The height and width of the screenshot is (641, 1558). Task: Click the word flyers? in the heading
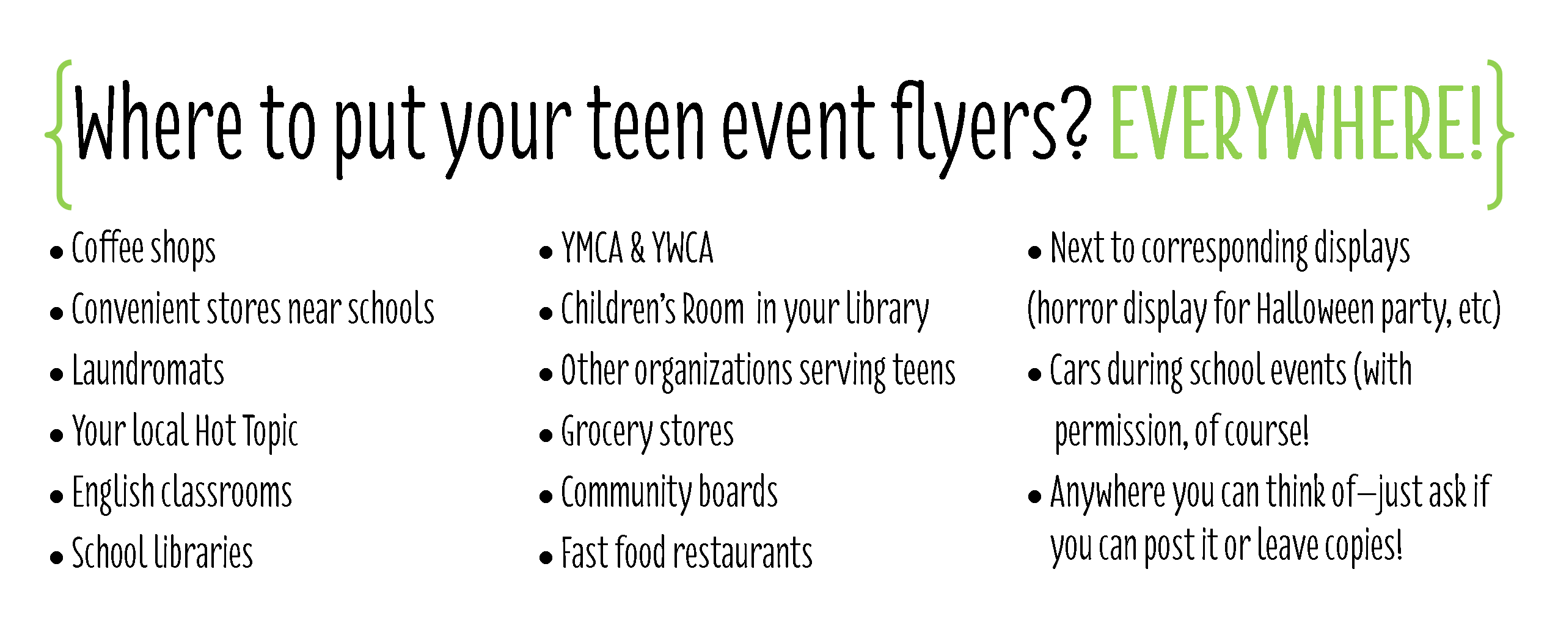click(990, 128)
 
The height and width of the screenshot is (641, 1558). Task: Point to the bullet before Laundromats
click(57, 374)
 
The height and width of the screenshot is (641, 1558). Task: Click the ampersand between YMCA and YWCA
click(637, 248)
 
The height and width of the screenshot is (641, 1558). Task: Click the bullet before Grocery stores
click(546, 435)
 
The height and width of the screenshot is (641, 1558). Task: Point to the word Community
click(626, 493)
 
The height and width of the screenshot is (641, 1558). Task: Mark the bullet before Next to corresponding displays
click(1034, 252)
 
